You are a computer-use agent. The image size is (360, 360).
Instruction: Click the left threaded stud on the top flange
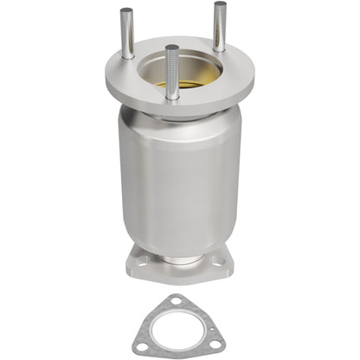click(x=127, y=35)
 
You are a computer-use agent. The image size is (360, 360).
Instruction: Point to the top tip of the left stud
click(x=126, y=11)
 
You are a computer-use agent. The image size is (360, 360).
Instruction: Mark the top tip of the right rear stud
click(x=219, y=4)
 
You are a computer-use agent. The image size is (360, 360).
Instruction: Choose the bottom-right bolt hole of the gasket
click(x=215, y=347)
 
